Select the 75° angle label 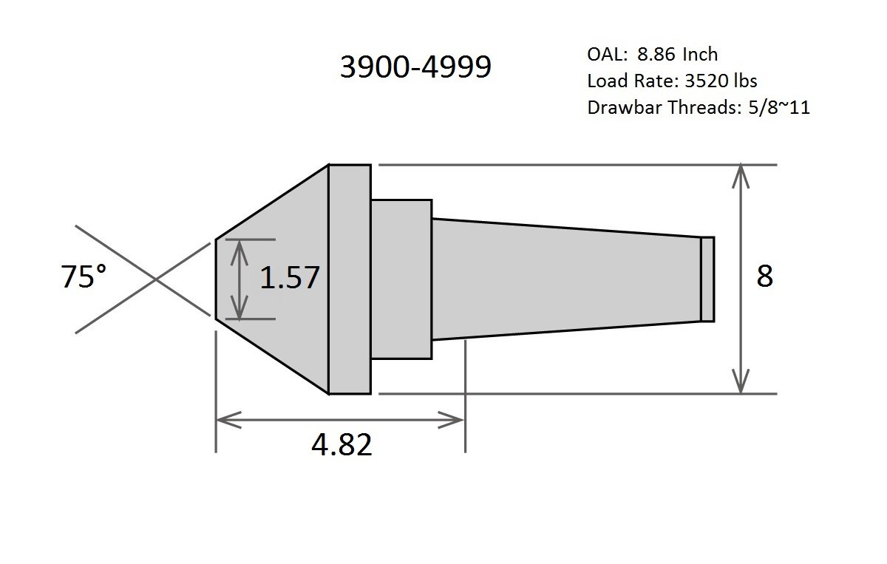point(83,278)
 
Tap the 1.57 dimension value point(289,278)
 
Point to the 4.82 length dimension point(341,445)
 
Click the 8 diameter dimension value point(764,276)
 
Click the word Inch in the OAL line point(699,55)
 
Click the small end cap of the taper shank point(707,279)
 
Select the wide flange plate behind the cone point(350,279)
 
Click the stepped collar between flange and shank point(401,279)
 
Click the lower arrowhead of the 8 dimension point(741,386)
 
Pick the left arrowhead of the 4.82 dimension point(222,421)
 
